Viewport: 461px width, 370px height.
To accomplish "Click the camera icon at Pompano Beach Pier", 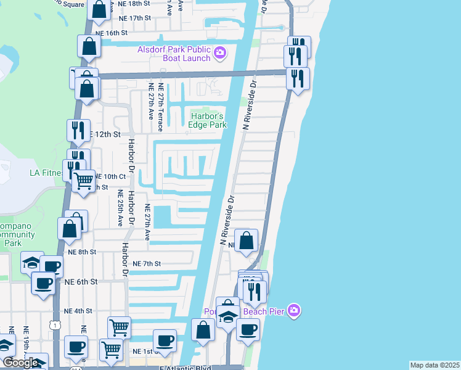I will (x=294, y=310).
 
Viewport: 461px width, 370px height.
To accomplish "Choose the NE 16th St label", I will (x=112, y=32).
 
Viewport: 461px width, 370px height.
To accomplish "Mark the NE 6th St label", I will (x=81, y=281).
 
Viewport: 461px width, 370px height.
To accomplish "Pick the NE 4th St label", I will (x=78, y=311).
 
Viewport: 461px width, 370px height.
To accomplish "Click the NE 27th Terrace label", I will (x=160, y=107).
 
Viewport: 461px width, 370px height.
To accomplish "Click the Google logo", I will (x=21, y=363).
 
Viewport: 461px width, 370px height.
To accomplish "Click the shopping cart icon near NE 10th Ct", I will (x=83, y=181).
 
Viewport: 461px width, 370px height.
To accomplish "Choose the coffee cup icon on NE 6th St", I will (x=43, y=284).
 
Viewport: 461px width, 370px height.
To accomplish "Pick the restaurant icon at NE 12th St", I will (x=78, y=129).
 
